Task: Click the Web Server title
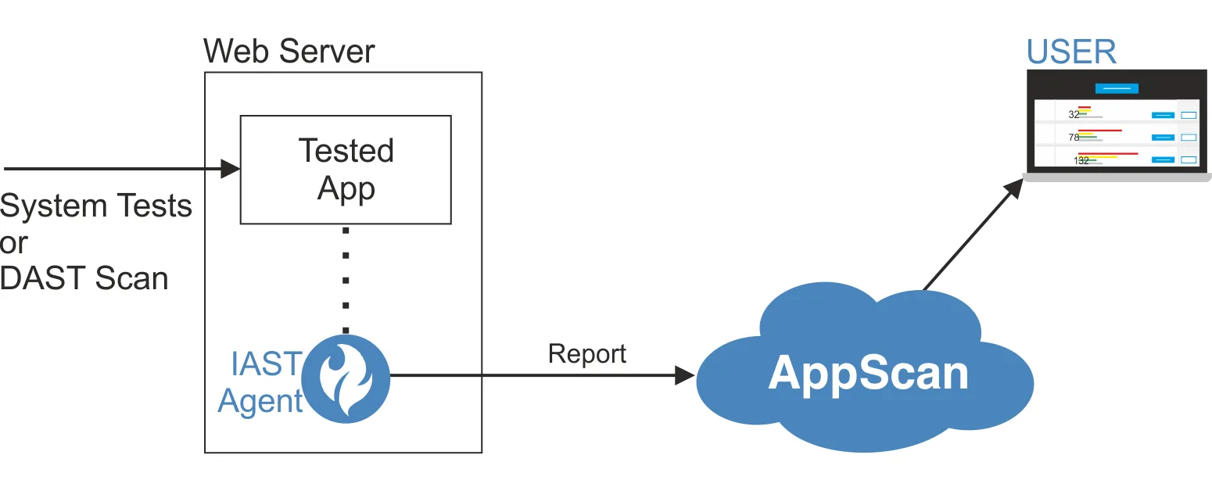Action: tap(289, 52)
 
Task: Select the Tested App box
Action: tap(345, 169)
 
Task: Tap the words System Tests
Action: tap(95, 206)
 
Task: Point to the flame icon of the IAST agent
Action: tap(346, 379)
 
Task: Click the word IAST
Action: tap(266, 364)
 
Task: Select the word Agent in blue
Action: tap(260, 401)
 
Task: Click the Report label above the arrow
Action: tap(586, 353)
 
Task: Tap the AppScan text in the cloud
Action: tap(868, 374)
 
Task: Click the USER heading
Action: tap(1071, 52)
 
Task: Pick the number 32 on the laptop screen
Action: tap(1074, 114)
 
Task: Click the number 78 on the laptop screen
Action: tap(1074, 138)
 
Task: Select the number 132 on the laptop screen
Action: tap(1081, 160)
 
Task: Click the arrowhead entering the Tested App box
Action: tap(231, 168)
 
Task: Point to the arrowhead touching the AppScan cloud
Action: tap(685, 375)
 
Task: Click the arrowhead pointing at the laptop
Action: tap(1014, 186)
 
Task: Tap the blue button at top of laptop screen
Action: tap(1117, 88)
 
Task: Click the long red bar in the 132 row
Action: tap(1108, 153)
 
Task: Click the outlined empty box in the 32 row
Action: tap(1189, 115)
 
